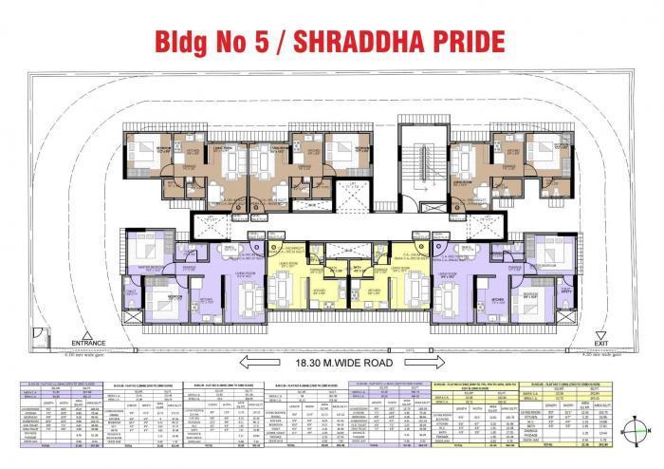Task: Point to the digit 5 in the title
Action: [x=258, y=44]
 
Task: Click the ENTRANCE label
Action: [x=81, y=342]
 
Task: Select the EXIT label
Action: [x=599, y=342]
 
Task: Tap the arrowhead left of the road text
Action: [x=246, y=362]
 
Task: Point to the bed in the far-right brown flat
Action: [x=540, y=152]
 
